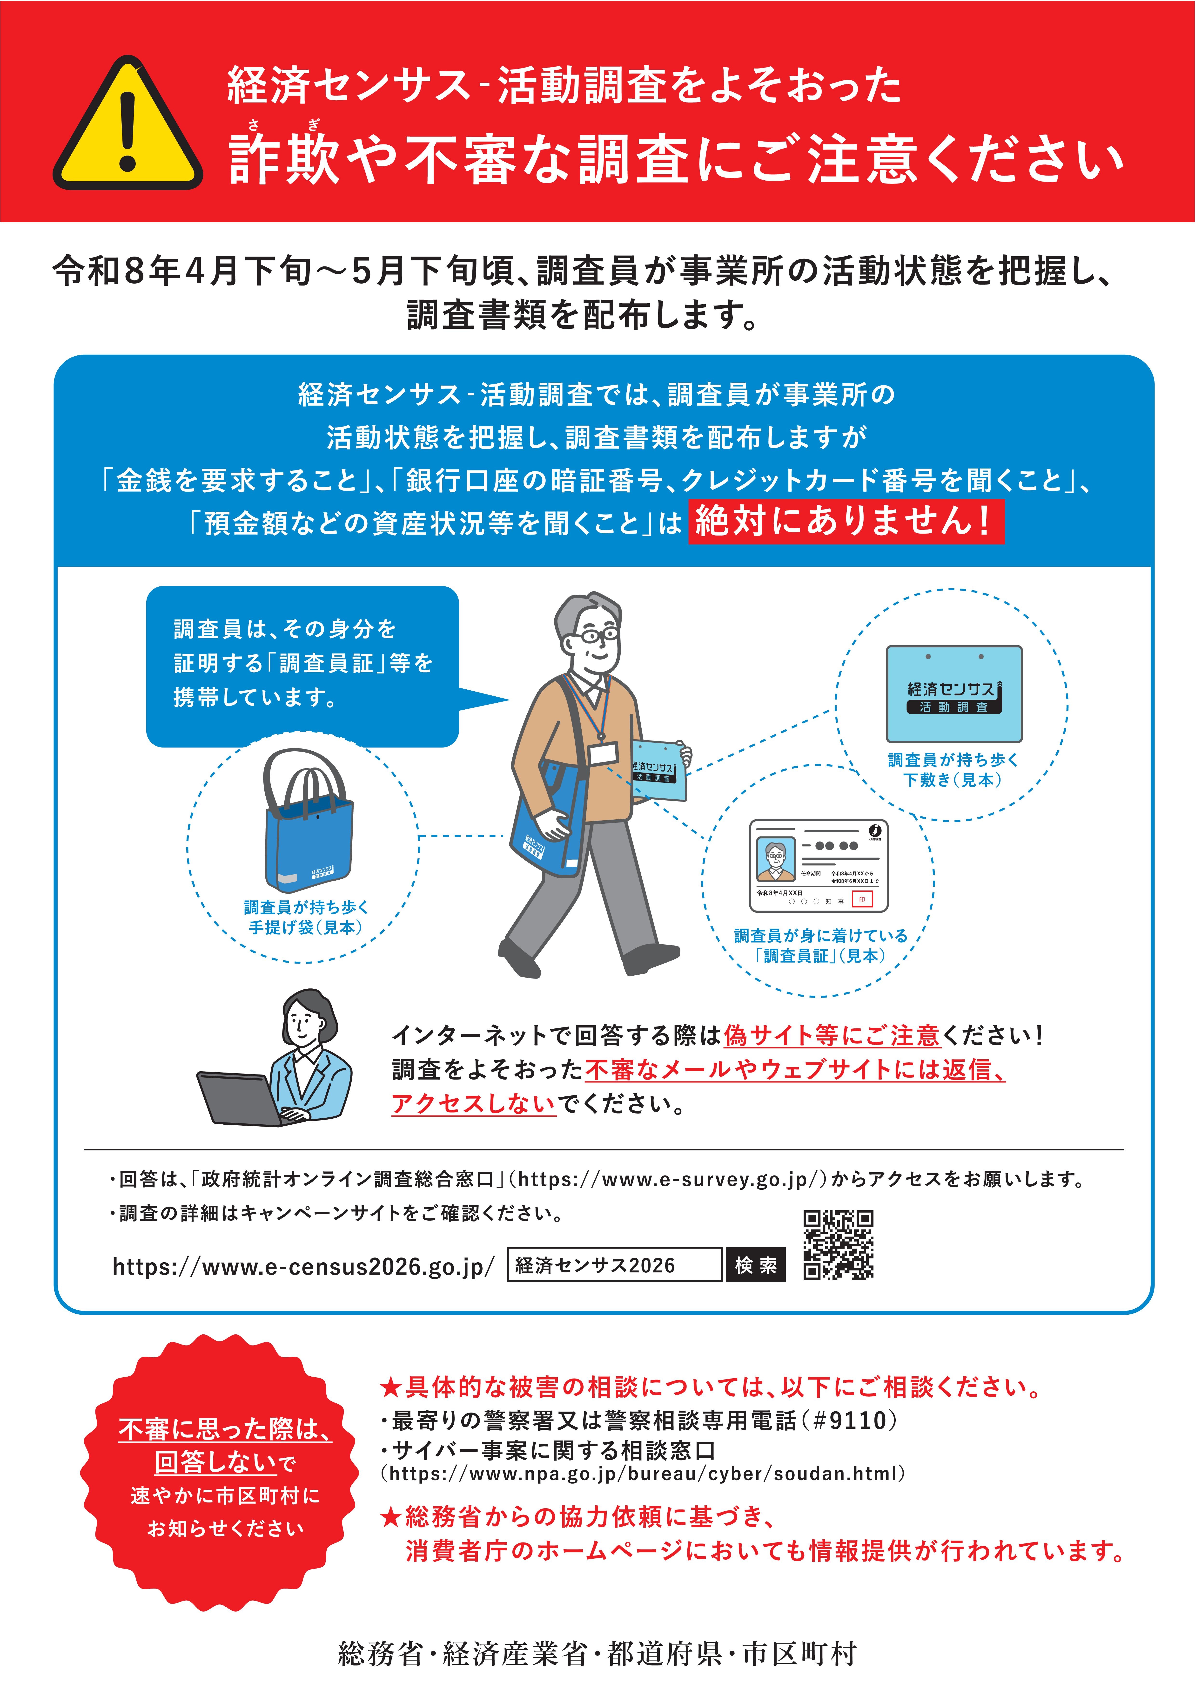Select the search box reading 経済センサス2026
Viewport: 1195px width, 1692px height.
[x=614, y=1264]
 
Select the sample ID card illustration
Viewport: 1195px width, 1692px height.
[x=819, y=865]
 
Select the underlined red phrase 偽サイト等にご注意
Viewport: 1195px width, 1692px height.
[x=832, y=1035]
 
